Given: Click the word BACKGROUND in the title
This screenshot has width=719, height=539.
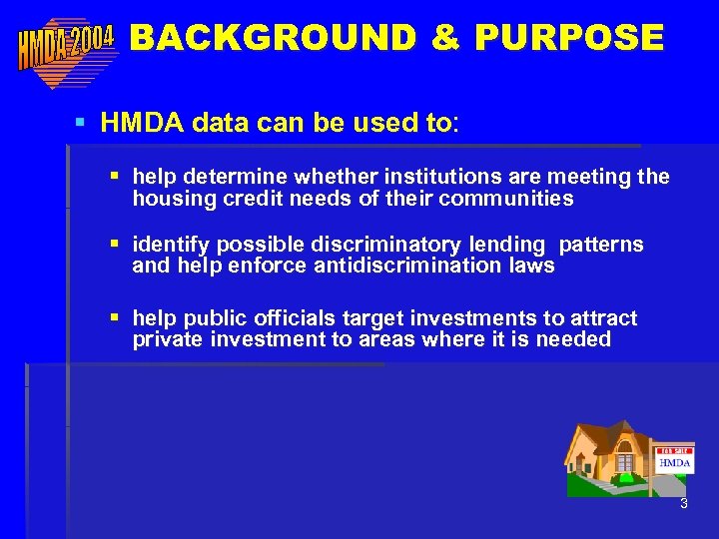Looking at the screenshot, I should (x=273, y=37).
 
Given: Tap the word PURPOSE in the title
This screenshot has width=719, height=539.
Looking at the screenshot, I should (x=569, y=37).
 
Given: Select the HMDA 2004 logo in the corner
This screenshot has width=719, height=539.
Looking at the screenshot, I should (x=66, y=47).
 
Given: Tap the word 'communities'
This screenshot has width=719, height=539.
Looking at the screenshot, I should (x=508, y=199).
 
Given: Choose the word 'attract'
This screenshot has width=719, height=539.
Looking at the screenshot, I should (x=603, y=318).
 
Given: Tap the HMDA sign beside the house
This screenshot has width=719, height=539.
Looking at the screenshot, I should (x=675, y=462).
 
